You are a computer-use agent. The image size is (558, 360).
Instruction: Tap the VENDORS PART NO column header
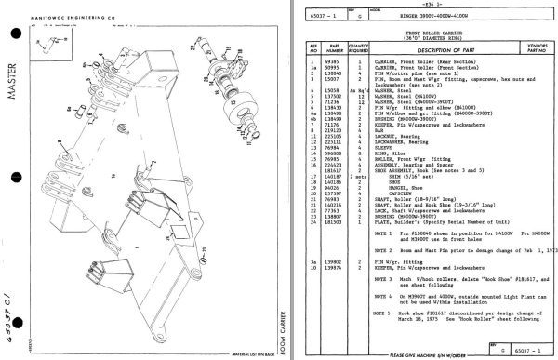point(522,48)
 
